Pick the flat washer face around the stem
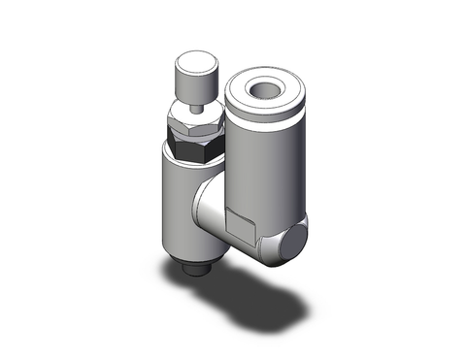195,113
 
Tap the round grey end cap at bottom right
290,242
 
